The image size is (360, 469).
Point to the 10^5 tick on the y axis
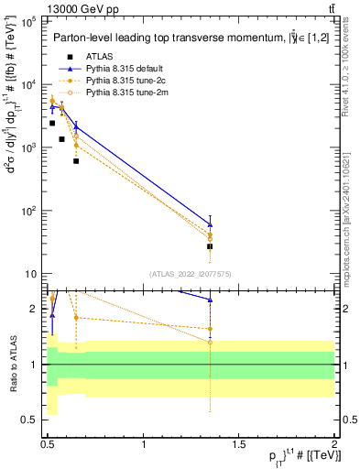click(x=25, y=21)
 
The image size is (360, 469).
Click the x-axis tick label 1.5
click(x=239, y=445)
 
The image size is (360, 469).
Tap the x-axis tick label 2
click(x=333, y=445)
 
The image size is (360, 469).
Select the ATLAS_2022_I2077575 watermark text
click(x=190, y=273)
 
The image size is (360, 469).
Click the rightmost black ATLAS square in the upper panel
click(x=210, y=246)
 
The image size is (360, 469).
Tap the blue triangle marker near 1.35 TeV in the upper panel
click(x=210, y=224)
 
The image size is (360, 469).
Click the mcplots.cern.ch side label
click(x=348, y=220)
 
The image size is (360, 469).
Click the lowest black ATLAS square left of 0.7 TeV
click(x=76, y=161)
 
